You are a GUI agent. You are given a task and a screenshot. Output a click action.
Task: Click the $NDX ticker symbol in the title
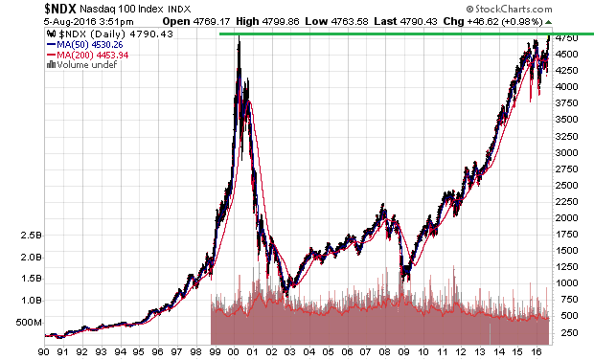point(60,9)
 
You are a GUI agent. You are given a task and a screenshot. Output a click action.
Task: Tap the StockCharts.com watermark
point(509,9)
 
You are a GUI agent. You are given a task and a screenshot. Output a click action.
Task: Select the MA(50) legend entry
point(85,45)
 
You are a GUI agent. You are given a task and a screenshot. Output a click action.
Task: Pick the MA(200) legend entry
point(87,55)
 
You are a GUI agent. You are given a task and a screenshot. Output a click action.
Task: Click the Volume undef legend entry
point(81,65)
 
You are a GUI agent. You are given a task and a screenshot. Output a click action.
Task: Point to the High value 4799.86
point(281,22)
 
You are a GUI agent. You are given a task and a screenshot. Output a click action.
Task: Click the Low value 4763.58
point(350,22)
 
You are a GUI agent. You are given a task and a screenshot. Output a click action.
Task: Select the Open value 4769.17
point(212,22)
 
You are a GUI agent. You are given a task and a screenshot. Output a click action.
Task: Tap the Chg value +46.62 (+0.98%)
point(505,22)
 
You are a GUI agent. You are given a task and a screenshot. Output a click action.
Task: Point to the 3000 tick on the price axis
point(567,152)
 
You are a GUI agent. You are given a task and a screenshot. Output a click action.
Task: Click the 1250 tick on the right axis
point(567,267)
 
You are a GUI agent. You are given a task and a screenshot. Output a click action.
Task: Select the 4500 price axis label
point(567,55)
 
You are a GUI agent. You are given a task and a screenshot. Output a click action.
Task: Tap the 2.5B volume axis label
point(31,236)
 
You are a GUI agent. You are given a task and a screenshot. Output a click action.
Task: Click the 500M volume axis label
point(29,323)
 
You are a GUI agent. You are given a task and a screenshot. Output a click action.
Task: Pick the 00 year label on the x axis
point(234,352)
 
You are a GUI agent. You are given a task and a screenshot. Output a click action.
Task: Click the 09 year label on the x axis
point(404,352)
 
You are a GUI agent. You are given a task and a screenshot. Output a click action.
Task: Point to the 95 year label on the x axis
point(139,352)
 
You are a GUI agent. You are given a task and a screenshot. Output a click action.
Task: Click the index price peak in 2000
point(240,36)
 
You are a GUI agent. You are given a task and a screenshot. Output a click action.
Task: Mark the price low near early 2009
point(403,281)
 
